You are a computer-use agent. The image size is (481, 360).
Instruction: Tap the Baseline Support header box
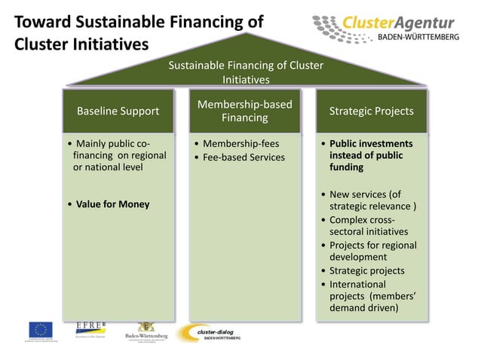[118, 111]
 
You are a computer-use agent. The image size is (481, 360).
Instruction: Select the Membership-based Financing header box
[244, 111]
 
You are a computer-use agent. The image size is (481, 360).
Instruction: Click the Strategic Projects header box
[371, 111]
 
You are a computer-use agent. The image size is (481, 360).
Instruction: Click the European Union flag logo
[41, 331]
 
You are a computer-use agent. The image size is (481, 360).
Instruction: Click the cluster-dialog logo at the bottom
[210, 332]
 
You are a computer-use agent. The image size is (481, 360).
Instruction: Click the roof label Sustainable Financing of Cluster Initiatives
[246, 72]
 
